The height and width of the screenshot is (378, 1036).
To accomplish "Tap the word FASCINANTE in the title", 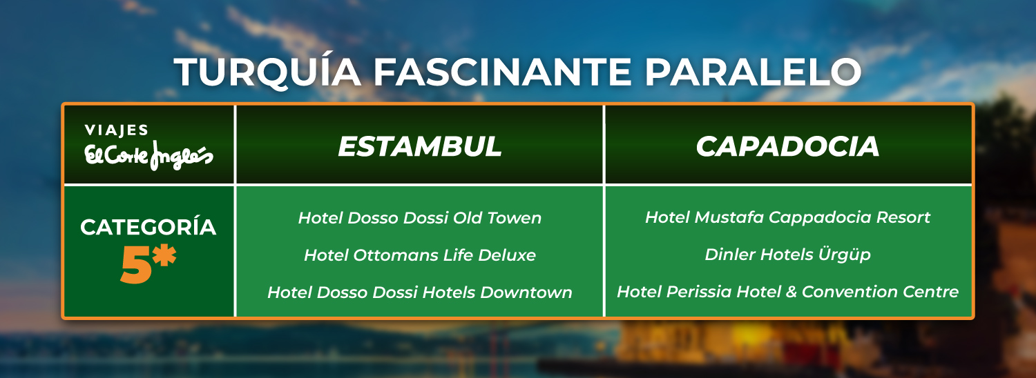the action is (x=502, y=72).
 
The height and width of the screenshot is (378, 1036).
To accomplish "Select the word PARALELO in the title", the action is (x=753, y=72).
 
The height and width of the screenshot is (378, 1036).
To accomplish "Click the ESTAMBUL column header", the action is (x=419, y=146).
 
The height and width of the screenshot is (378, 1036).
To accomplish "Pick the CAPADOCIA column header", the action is (x=787, y=146).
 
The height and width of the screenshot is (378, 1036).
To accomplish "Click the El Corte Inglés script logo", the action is (x=149, y=155).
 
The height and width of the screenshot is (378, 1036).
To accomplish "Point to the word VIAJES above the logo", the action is (x=117, y=130).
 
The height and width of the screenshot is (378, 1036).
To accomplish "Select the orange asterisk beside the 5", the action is (x=164, y=255).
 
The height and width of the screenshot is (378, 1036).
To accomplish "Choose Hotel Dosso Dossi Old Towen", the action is (x=419, y=218).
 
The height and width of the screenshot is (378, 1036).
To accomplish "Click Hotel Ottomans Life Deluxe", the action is (x=419, y=255).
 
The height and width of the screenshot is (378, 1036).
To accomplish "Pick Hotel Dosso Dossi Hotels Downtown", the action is (x=419, y=292).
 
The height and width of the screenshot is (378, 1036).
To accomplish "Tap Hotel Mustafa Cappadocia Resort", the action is (x=787, y=217).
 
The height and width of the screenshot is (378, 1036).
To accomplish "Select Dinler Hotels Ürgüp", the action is (x=787, y=255).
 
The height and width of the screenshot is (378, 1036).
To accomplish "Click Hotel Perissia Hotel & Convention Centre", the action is (x=787, y=292).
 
